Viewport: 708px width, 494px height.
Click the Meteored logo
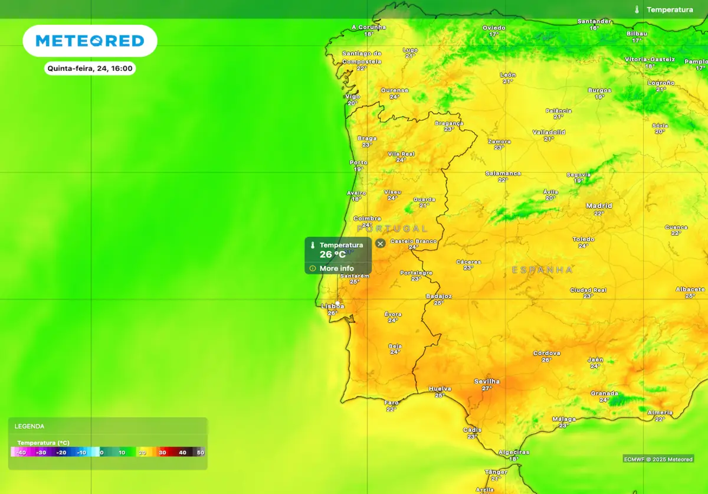pos(90,41)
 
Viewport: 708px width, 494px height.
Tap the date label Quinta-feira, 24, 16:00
pos(90,68)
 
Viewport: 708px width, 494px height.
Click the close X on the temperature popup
pos(381,243)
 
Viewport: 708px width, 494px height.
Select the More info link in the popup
pos(336,269)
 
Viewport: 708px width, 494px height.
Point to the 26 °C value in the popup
pos(333,255)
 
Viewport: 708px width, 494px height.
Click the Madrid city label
pos(599,206)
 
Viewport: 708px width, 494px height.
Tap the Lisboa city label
pos(332,306)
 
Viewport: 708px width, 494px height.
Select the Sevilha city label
pos(487,381)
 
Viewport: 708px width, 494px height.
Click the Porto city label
pos(358,162)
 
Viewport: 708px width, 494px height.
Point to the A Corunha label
pos(368,27)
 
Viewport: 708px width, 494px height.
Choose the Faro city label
pos(391,403)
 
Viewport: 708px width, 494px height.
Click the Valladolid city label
pos(549,132)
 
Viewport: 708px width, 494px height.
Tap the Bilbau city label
pos(637,34)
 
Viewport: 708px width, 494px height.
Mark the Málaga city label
pos(563,419)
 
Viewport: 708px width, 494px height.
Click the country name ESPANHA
pos(542,270)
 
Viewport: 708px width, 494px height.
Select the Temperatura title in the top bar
pos(670,9)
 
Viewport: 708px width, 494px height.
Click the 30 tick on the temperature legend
pos(162,453)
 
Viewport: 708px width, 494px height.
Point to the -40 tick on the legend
pos(21,453)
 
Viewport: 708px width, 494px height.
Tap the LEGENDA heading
pos(29,426)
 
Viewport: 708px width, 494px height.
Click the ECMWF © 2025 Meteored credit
pos(658,459)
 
